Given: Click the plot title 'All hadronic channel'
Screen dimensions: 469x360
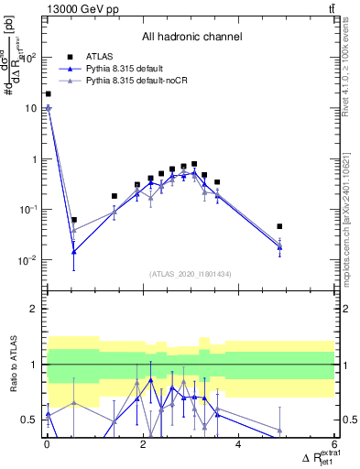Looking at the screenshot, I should tap(191, 38).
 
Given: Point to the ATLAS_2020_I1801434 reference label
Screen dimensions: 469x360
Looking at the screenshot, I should tap(191, 274).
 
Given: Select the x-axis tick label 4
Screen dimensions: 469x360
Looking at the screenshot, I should tap(238, 444).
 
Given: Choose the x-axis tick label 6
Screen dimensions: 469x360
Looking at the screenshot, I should tap(334, 444).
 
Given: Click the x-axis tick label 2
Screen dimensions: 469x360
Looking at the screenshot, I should tap(143, 444).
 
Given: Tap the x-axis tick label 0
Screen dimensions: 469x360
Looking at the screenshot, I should tap(47, 444).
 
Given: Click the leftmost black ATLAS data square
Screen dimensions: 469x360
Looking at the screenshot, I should tap(48, 93).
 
